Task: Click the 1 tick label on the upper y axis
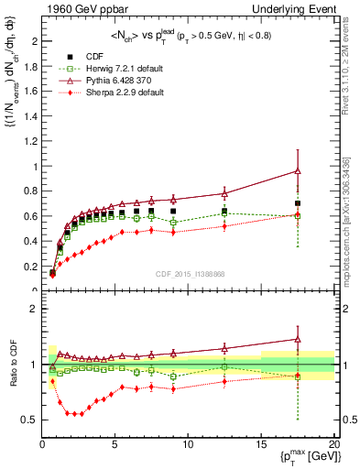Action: tap(36, 167)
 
